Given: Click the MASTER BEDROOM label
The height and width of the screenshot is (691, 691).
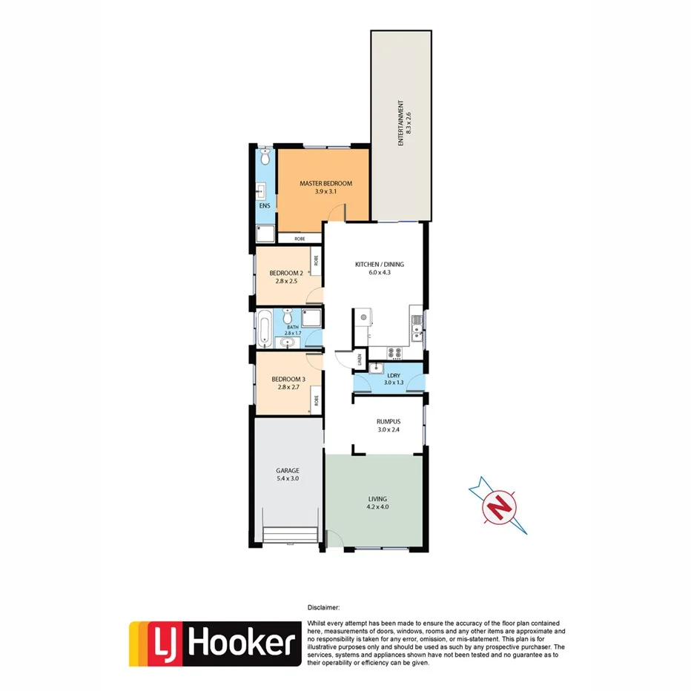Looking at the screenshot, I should point(325,183).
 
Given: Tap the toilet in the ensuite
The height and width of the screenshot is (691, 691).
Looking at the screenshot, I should point(265,158).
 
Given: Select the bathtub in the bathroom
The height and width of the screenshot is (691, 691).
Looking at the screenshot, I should point(265,328).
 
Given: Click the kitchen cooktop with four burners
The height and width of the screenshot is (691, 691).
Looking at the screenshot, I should point(395,352).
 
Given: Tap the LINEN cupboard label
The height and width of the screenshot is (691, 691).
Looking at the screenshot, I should point(360,360).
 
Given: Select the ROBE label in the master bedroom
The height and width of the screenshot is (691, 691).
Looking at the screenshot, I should point(300,239).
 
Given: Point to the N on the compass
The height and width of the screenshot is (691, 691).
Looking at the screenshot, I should point(499,509).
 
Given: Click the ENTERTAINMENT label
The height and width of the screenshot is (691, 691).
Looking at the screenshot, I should point(400,123).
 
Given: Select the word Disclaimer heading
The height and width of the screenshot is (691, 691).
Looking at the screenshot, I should point(323,606).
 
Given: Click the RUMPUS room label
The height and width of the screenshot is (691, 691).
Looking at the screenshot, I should point(389,420).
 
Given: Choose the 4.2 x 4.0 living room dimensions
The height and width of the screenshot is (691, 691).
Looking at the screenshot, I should point(377,508).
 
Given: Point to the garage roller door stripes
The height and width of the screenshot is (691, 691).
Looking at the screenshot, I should point(291,535).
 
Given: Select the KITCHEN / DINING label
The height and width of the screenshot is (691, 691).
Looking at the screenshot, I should point(379,265).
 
